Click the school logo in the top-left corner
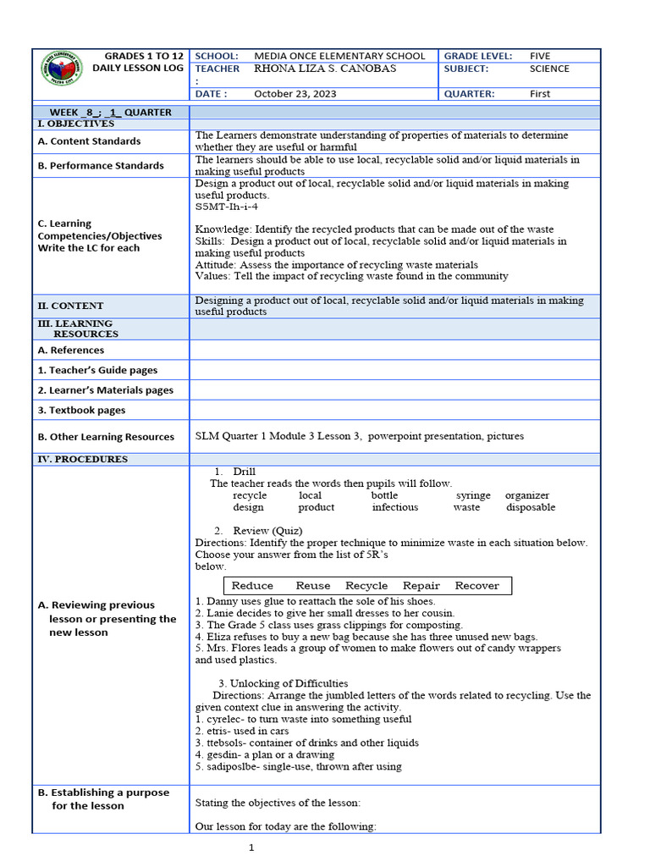(62, 72)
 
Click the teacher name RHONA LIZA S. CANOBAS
(325, 69)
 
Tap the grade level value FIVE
(540, 55)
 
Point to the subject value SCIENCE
(549, 69)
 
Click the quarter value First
(541, 94)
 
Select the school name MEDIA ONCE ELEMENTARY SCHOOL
(339, 55)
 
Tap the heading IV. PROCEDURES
(82, 459)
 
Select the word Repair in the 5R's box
(421, 586)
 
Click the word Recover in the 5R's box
(476, 586)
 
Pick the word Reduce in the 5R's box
(252, 586)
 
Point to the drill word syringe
(473, 495)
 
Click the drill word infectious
(394, 507)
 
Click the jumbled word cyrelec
(222, 719)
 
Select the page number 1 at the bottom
(251, 848)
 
